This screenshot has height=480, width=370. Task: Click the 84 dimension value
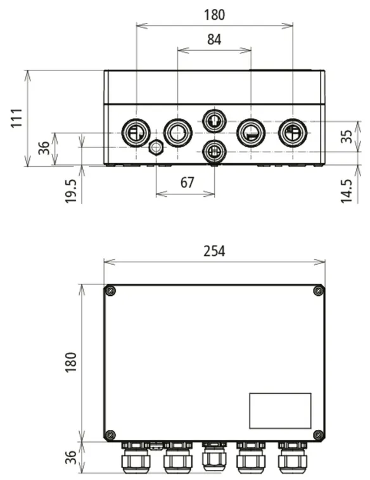214,39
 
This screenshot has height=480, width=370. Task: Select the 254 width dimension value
214,251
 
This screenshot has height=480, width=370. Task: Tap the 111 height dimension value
17,118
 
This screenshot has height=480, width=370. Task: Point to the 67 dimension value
187,183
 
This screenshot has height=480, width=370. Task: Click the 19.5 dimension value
70,191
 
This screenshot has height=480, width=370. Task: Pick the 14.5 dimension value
347,191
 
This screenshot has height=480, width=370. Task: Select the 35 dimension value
347,137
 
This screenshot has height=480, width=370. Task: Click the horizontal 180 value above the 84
214,15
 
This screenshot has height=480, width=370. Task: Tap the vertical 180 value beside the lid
70,362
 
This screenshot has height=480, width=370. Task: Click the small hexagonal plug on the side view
156,147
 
